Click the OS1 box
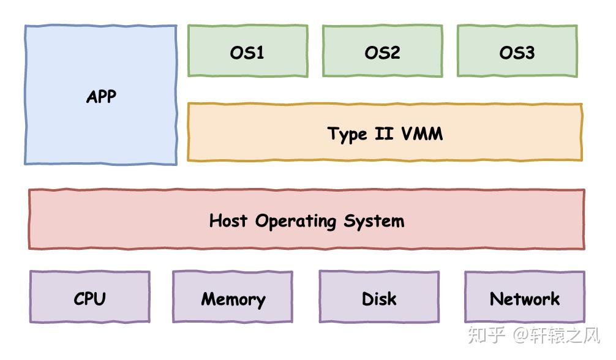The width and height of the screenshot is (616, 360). click(247, 51)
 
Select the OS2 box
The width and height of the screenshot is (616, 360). click(382, 51)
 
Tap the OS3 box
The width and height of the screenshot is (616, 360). click(517, 51)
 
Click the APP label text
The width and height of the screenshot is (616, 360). click(101, 97)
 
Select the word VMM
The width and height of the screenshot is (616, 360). click(421, 133)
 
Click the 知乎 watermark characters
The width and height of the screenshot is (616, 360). click(487, 335)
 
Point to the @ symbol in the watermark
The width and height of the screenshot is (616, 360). click(521, 336)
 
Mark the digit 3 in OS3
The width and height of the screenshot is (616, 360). click(529, 53)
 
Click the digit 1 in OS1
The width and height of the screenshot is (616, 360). click(260, 53)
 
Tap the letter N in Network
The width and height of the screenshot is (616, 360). click(497, 299)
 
